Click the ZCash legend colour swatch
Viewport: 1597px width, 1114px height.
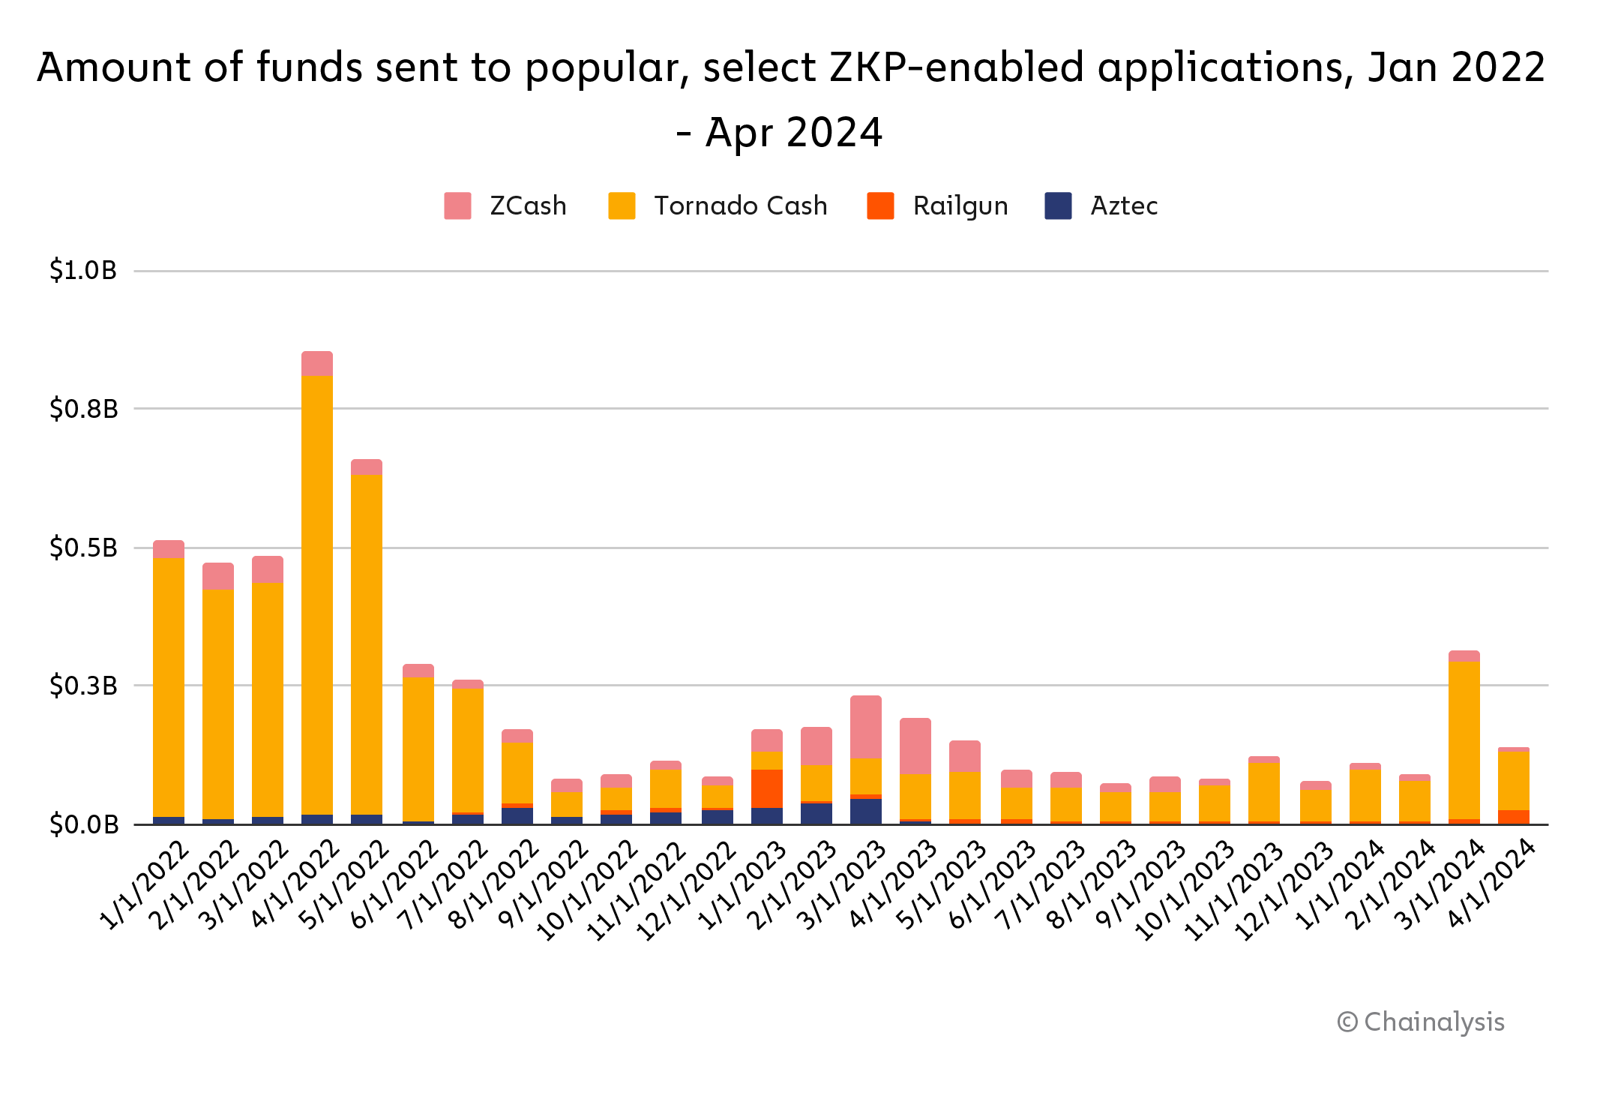457,206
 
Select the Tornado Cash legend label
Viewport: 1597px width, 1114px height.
740,206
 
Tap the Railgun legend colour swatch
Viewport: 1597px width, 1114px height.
880,206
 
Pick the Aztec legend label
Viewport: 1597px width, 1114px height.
1123,206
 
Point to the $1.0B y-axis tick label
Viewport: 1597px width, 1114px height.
83,270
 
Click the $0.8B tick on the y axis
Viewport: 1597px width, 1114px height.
83,409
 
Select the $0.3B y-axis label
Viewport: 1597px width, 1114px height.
83,686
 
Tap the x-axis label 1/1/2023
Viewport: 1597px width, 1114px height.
742,886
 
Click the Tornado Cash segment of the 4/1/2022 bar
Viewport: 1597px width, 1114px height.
317,593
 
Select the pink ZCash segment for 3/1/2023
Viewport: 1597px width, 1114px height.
866,726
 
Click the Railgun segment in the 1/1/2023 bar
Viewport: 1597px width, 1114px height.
767,788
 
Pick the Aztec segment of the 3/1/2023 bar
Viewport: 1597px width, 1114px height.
866,811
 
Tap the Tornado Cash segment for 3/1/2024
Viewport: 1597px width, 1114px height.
1464,739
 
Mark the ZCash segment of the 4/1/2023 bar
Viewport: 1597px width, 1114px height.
915,745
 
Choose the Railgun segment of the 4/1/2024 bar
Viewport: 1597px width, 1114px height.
1514,816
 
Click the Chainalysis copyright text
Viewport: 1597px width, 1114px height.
1420,1022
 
